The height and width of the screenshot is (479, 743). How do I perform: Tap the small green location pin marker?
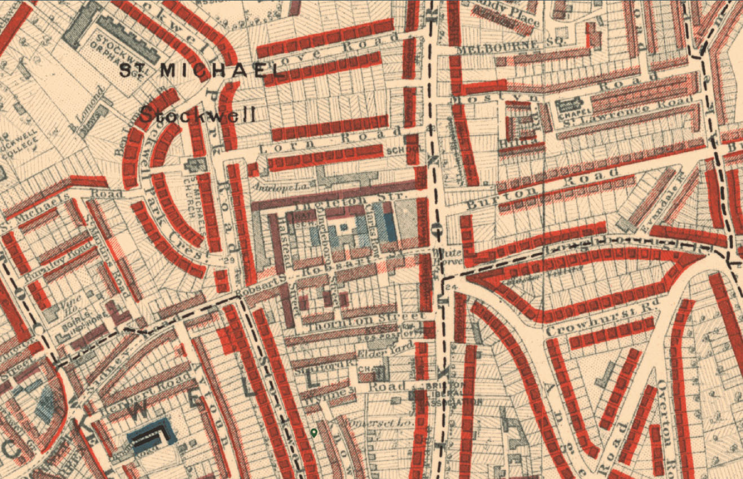point(314,433)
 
